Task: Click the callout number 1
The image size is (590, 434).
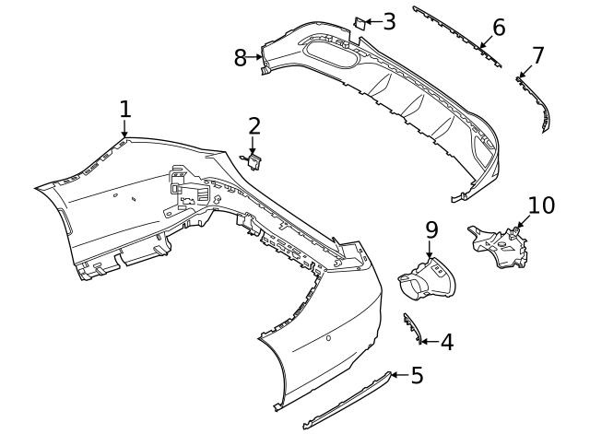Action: click(x=124, y=109)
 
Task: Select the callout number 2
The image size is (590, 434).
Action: click(x=254, y=125)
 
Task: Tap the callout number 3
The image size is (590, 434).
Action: click(x=389, y=21)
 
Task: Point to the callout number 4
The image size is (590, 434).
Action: click(x=446, y=343)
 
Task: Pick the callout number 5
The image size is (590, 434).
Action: click(x=417, y=375)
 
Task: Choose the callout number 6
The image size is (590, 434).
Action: click(x=499, y=27)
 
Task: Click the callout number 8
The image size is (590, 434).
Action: click(x=241, y=58)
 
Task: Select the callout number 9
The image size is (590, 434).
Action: click(x=431, y=228)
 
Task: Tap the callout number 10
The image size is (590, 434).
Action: click(x=541, y=205)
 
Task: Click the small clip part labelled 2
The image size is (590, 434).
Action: click(x=254, y=162)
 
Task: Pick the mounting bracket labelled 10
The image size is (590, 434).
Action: click(x=501, y=245)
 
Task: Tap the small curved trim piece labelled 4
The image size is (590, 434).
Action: click(x=410, y=328)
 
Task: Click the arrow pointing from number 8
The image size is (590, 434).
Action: click(x=255, y=58)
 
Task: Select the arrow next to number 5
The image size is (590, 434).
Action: click(x=397, y=375)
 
